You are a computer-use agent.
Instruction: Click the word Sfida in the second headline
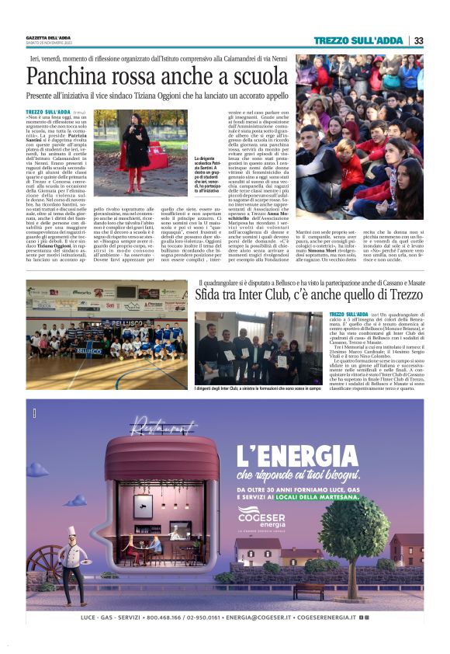click(x=213, y=297)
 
